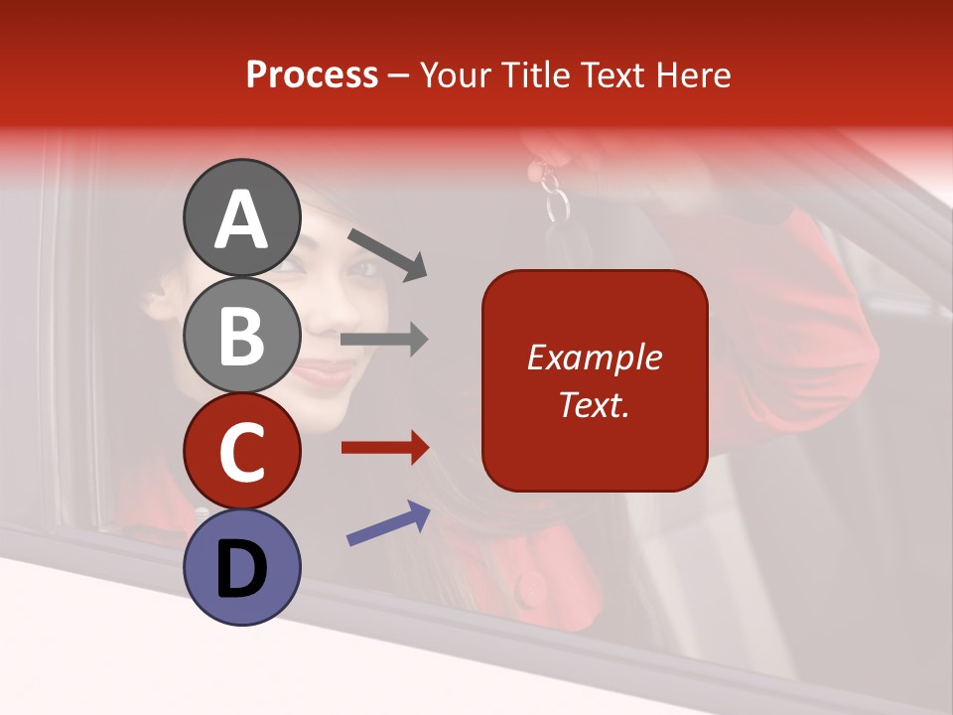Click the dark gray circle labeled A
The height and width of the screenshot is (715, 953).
pos(241,217)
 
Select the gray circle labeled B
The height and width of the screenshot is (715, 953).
pos(241,335)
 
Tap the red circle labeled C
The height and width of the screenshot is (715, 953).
pos(241,451)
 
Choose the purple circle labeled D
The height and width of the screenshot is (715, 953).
pos(241,567)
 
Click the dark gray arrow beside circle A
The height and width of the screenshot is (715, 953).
pos(387,252)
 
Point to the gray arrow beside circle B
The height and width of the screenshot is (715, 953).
pos(384,340)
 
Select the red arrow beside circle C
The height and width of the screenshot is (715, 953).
pos(384,448)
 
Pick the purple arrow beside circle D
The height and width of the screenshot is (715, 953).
pos(388,522)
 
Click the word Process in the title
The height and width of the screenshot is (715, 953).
pos(312,74)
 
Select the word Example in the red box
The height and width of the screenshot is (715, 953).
pos(594,357)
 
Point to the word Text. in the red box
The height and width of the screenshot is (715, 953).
pos(594,404)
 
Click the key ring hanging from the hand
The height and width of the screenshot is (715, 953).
pos(557,206)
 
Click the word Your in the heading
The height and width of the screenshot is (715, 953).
pos(455,74)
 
